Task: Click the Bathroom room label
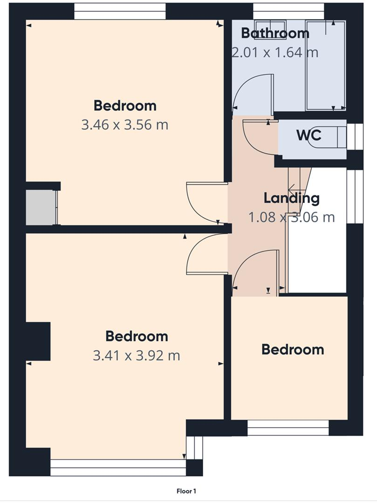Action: coord(275,34)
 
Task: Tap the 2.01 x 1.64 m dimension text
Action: coord(275,52)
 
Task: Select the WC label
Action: coord(308,136)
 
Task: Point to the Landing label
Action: coord(292,198)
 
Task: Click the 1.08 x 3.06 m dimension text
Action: coord(292,217)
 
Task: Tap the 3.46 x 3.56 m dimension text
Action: coord(124,125)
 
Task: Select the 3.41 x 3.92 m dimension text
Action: coord(137,355)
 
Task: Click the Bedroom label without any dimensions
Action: coord(292,349)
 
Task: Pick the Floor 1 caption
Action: coord(186,491)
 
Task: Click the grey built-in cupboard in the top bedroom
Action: coord(41,207)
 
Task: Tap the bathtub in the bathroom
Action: coord(325,65)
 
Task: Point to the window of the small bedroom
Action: coord(288,428)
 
